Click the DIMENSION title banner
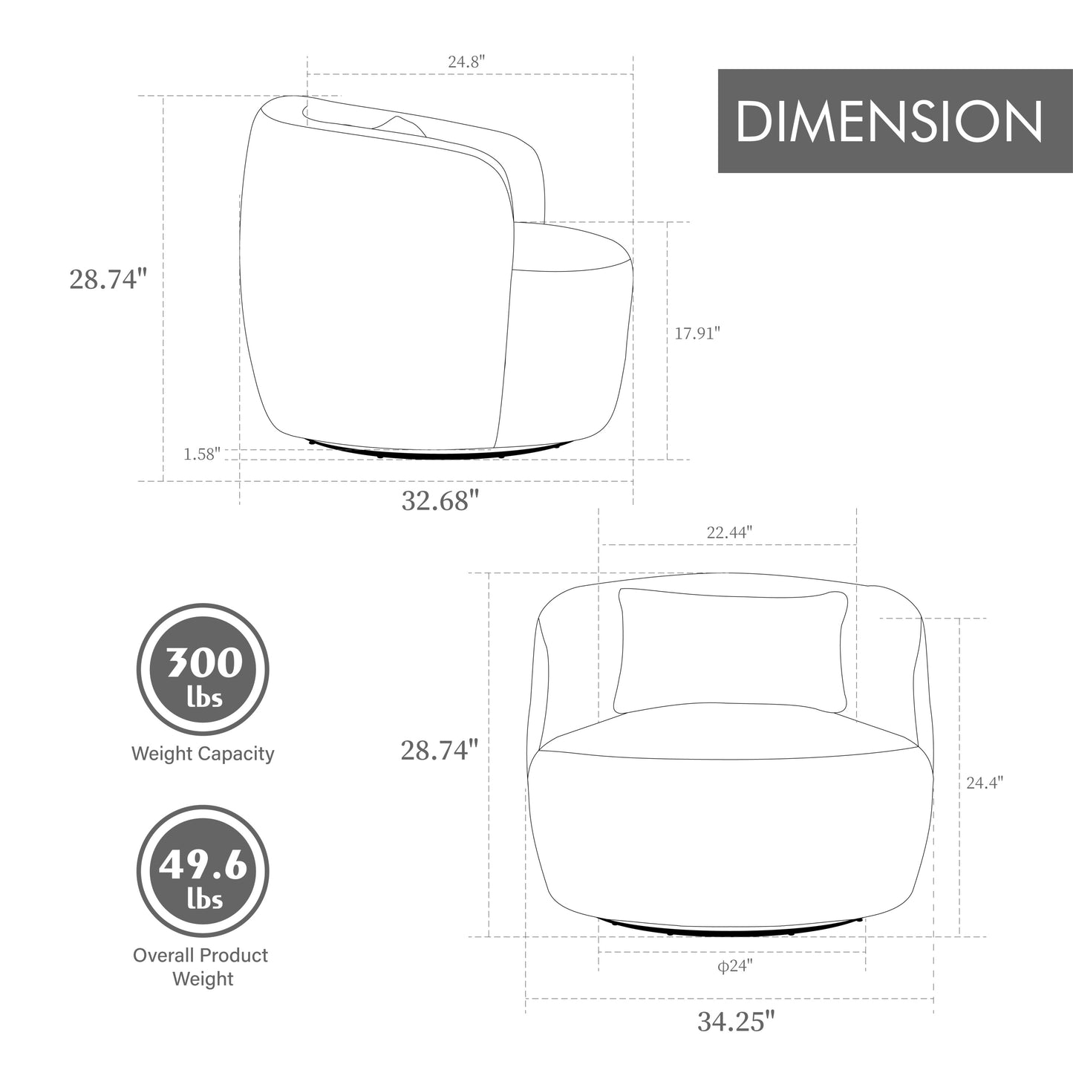(x=895, y=121)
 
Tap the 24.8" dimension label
(x=466, y=61)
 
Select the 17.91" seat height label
(x=697, y=333)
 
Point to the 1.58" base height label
(x=202, y=454)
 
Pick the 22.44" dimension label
(x=729, y=532)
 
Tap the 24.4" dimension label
(x=985, y=783)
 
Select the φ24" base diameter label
(x=734, y=965)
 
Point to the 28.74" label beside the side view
(x=108, y=278)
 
